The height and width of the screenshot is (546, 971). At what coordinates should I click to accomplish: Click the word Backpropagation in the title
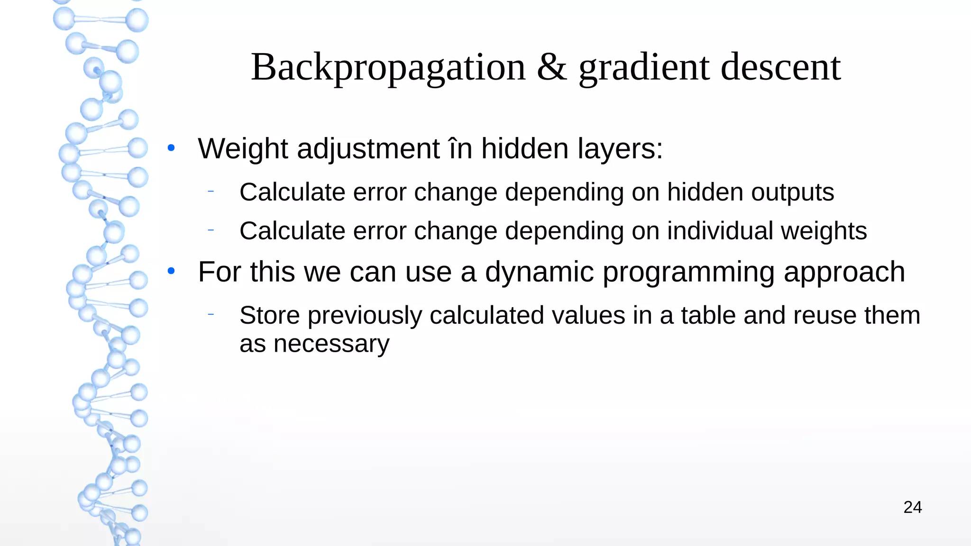coord(388,67)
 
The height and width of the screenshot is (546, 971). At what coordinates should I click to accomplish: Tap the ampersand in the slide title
coord(552,67)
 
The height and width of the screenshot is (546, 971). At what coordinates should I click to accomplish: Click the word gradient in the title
coord(644,67)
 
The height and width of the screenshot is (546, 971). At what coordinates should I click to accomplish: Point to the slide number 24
coord(912,507)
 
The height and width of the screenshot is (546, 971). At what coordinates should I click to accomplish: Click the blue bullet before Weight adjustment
coord(171,148)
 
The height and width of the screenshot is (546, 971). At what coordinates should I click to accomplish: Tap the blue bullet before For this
coord(171,272)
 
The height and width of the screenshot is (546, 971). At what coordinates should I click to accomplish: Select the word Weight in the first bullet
coord(242,149)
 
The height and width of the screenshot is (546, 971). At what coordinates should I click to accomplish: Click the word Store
coord(269,315)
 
